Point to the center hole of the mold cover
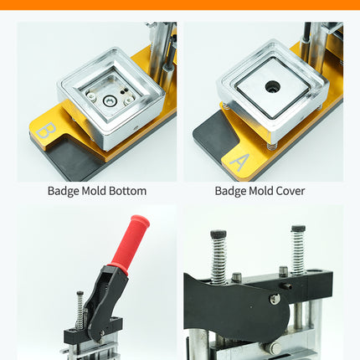273,85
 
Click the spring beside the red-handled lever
80,310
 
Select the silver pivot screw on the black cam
275,299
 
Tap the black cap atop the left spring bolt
219,234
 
